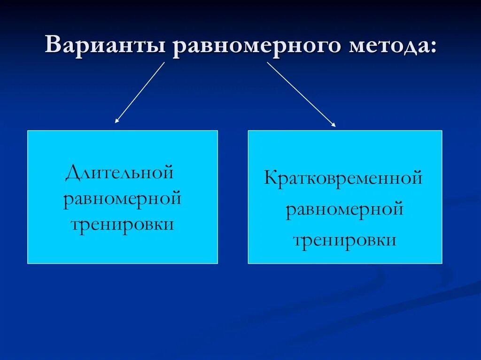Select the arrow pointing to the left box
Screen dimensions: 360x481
tap(140, 92)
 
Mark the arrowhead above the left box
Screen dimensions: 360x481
tap(116, 121)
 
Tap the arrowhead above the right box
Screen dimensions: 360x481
tap(334, 125)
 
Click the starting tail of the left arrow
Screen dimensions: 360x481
tap(164, 63)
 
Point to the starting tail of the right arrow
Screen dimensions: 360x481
tap(268, 63)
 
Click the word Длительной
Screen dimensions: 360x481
tap(120, 172)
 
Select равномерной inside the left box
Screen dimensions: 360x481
tap(122, 199)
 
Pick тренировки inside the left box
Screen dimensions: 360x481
tap(122, 224)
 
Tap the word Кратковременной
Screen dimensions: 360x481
tap(344, 179)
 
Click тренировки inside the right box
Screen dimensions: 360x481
tap(344, 240)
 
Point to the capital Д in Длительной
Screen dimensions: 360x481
tap(72, 173)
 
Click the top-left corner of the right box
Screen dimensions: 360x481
tap(248, 131)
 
